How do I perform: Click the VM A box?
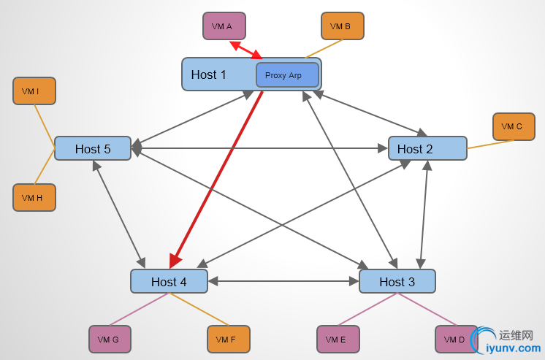point(224,26)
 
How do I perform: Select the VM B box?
point(342,26)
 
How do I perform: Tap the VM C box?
point(514,126)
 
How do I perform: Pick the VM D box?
point(456,339)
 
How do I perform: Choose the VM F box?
point(228,339)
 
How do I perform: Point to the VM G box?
point(110,339)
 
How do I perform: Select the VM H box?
point(34,197)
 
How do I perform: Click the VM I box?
point(34,91)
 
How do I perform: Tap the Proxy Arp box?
point(287,74)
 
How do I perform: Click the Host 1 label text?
point(209,74)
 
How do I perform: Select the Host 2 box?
point(427,148)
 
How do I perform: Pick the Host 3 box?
point(397,281)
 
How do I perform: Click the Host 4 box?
point(169,281)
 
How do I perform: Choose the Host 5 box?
point(93,148)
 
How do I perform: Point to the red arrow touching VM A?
point(246,50)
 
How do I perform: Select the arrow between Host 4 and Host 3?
point(283,281)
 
